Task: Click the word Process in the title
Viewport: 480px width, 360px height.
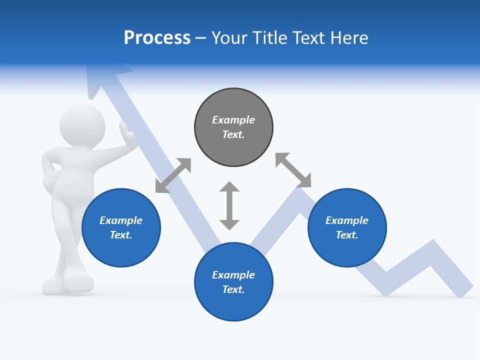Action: click(157, 38)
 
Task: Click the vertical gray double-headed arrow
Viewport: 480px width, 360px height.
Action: click(229, 205)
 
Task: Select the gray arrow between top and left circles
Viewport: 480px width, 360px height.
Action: click(173, 175)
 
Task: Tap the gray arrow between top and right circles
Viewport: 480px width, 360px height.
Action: click(293, 170)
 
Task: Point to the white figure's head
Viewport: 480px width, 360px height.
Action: click(82, 125)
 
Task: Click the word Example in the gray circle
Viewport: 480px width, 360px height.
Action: click(233, 120)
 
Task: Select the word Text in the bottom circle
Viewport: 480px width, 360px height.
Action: click(233, 289)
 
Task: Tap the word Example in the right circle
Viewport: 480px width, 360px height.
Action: click(347, 220)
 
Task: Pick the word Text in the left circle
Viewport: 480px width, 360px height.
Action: click(121, 235)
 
